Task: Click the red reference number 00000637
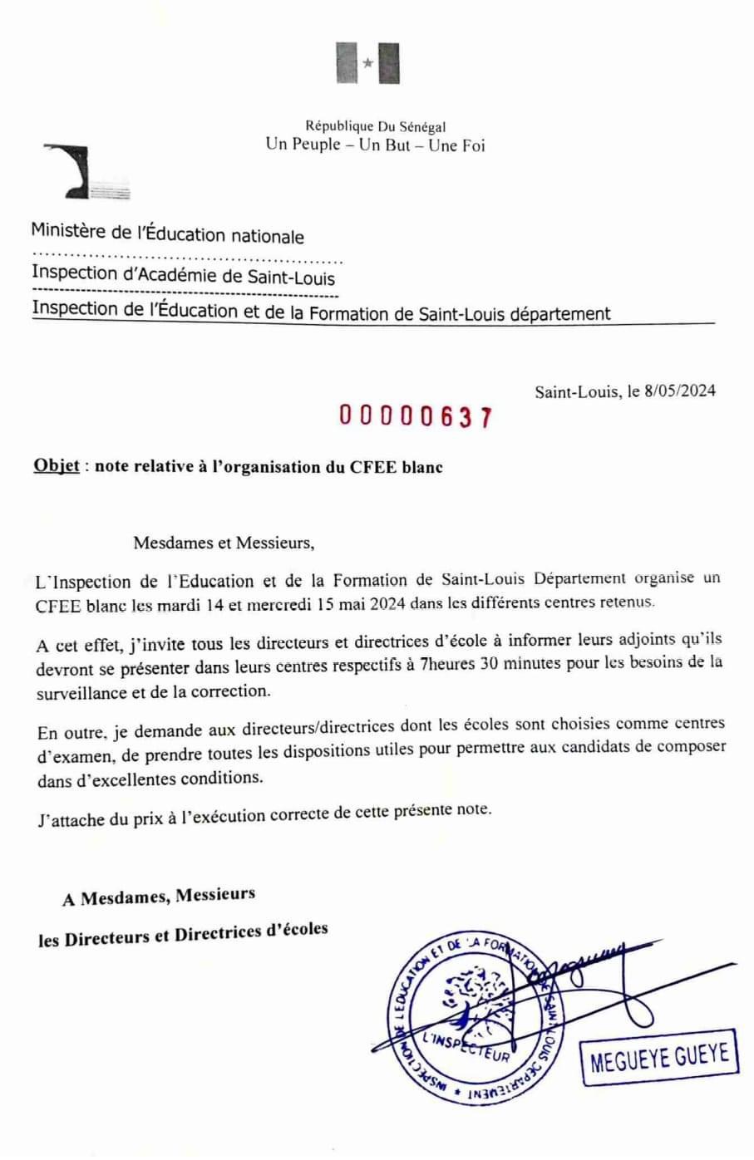pyautogui.click(x=415, y=416)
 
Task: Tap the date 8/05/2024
pyautogui.click(x=679, y=391)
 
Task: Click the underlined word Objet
pyautogui.click(x=57, y=465)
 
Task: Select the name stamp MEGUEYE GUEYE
pyautogui.click(x=659, y=1057)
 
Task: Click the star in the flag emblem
pyautogui.click(x=367, y=63)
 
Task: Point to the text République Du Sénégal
pyautogui.click(x=375, y=126)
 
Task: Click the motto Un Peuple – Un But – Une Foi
pyautogui.click(x=375, y=145)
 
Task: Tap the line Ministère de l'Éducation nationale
pyautogui.click(x=167, y=234)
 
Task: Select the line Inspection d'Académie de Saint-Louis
pyautogui.click(x=183, y=274)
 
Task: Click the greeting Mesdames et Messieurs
pyautogui.click(x=224, y=543)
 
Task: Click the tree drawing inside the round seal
pyautogui.click(x=470, y=997)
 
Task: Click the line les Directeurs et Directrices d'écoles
pyautogui.click(x=183, y=935)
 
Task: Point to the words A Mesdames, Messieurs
pyautogui.click(x=159, y=897)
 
